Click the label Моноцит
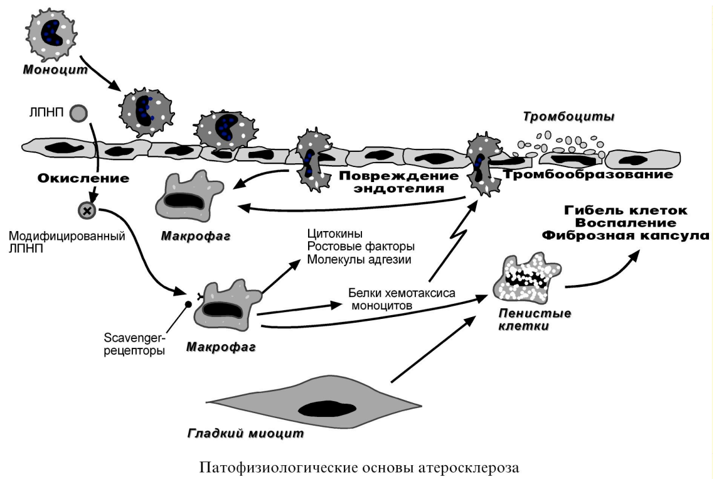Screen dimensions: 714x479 [x=55, y=70]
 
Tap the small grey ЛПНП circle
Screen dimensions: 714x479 [x=78, y=113]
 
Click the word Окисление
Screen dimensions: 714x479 [x=83, y=178]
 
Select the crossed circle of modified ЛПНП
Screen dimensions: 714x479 [x=87, y=210]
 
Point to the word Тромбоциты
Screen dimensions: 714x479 [x=568, y=117]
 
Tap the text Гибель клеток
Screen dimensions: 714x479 [x=626, y=210]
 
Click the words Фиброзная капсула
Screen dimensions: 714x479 [x=625, y=235]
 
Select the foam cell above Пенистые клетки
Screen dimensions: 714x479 [x=527, y=278]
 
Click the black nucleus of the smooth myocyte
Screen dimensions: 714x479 [x=326, y=409]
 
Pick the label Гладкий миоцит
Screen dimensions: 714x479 [x=245, y=433]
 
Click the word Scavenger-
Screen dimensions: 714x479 [x=135, y=338]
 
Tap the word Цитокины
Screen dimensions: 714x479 [x=335, y=234]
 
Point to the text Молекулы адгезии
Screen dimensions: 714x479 [x=360, y=260]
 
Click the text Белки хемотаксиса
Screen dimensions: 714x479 [x=402, y=293]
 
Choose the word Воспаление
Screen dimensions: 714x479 [x=626, y=223]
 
